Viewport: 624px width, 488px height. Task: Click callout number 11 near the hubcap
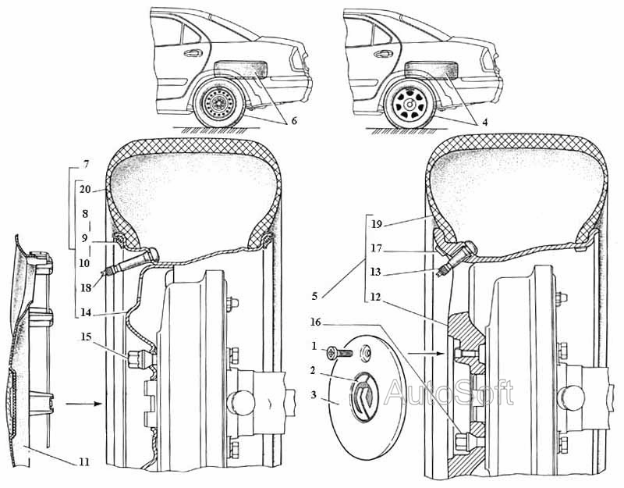click(x=83, y=462)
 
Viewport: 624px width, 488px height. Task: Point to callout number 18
click(x=84, y=287)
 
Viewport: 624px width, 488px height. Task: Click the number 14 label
click(x=84, y=312)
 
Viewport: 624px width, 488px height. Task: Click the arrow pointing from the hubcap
click(x=81, y=404)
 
